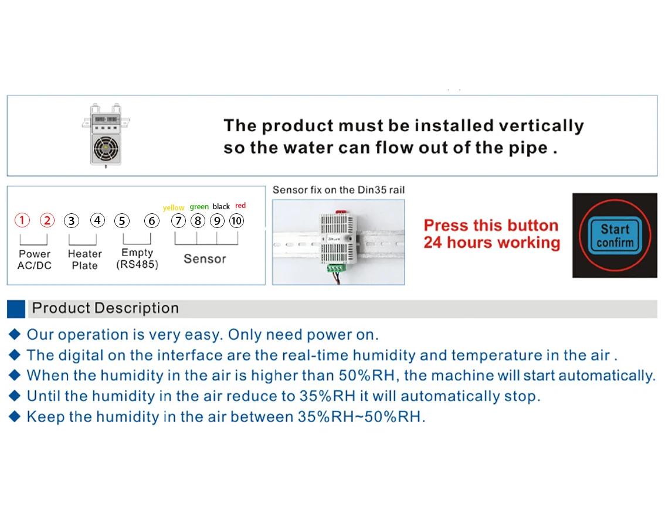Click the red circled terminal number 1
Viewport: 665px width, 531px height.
(22, 220)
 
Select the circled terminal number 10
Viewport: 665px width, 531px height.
(237, 221)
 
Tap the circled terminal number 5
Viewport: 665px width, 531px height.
(122, 221)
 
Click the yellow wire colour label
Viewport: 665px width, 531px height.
(174, 207)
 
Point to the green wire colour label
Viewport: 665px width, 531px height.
(199, 207)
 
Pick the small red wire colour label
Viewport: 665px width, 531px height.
(240, 206)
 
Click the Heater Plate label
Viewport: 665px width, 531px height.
(85, 260)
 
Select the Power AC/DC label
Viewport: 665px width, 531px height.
(35, 260)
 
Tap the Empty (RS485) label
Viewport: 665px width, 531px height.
(137, 258)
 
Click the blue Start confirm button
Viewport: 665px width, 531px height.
(615, 236)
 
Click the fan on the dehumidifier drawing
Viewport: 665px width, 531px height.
(106, 148)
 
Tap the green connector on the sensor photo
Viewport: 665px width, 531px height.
(335, 268)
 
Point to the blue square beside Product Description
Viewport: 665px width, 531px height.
(16, 309)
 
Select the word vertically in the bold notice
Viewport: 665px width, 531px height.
(541, 126)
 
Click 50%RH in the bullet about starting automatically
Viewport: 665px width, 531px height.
(367, 376)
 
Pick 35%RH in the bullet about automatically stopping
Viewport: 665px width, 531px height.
(327, 396)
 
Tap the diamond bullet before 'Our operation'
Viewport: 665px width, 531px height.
(15, 334)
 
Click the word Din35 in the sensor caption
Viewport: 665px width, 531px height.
(370, 190)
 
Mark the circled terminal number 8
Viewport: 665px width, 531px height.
(198, 221)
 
